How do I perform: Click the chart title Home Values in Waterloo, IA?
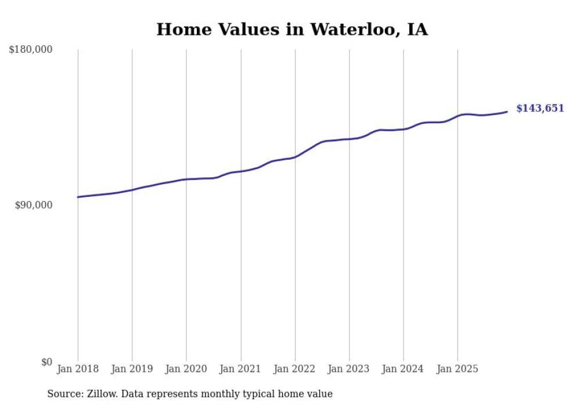292,30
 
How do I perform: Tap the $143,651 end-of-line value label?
539,108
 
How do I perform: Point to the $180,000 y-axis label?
31,50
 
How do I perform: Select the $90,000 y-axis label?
34,205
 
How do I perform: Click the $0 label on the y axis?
46,362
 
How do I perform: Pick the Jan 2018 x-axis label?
78,369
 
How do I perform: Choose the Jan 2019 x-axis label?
132,369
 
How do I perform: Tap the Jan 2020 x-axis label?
186,369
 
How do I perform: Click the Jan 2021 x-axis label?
240,369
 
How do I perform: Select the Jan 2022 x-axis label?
295,369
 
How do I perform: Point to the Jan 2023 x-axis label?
349,369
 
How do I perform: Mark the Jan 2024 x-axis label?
404,369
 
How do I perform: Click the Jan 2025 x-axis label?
458,369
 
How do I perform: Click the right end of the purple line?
507,112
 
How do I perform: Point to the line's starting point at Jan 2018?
78,197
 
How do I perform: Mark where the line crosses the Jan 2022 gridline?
295,157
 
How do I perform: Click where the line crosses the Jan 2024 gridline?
404,129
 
